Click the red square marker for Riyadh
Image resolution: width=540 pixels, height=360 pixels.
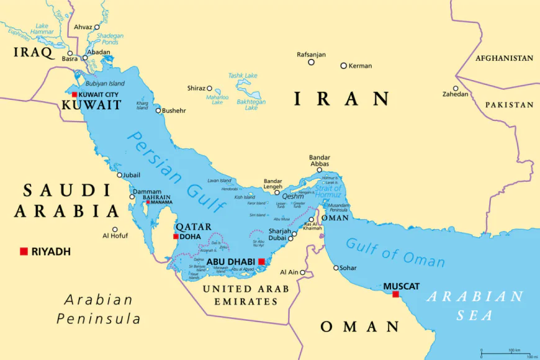[x=24, y=251]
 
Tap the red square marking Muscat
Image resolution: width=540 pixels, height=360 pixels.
[x=395, y=294]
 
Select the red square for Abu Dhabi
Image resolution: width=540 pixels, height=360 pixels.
[x=262, y=262]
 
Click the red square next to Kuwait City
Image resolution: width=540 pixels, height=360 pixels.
[x=74, y=95]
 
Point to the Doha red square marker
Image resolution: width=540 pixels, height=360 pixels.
[x=176, y=236]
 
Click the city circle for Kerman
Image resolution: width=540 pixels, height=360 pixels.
[x=343, y=66]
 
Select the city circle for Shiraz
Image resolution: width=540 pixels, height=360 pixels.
[x=210, y=89]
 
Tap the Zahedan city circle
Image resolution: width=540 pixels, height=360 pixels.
[x=456, y=88]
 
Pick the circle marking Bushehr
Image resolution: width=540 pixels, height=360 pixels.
[x=158, y=111]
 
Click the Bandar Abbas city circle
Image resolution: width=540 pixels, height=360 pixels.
[x=320, y=170]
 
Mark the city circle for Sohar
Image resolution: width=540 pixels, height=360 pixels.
[x=336, y=268]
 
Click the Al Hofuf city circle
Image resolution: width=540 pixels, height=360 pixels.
[x=115, y=229]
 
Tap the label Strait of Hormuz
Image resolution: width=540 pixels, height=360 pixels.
[x=328, y=184]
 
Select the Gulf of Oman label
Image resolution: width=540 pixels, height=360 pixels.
[x=395, y=251]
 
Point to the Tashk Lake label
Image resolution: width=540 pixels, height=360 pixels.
[x=242, y=76]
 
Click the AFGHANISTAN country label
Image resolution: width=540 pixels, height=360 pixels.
[x=504, y=58]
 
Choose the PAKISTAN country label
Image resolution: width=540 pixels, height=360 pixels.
[x=509, y=105]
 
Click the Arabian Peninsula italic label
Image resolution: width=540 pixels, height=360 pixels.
[x=98, y=309]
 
